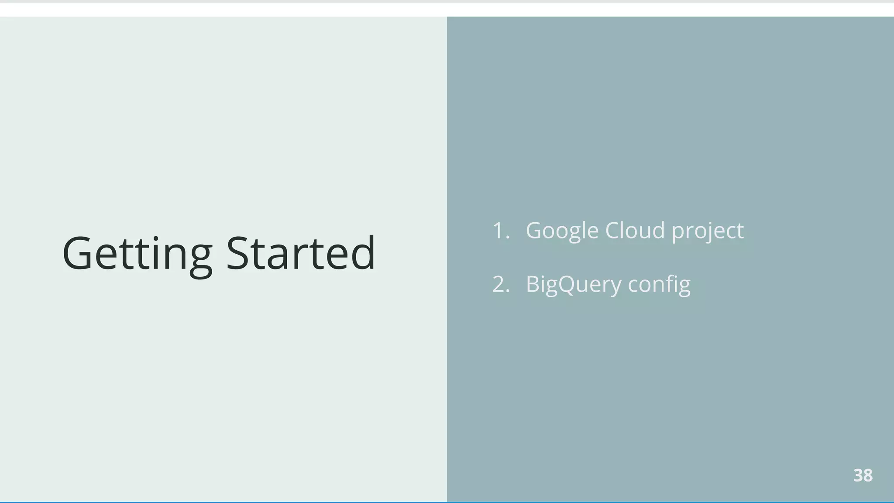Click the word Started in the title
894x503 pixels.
(x=300, y=254)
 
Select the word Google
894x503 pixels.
(x=562, y=231)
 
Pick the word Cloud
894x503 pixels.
(x=635, y=231)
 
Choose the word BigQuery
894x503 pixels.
(x=573, y=284)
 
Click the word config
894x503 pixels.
(x=659, y=284)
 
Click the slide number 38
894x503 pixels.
(x=863, y=475)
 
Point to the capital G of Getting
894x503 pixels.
(x=77, y=254)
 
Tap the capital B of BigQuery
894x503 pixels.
(x=533, y=284)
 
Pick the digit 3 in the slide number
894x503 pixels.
(x=858, y=475)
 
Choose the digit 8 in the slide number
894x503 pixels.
(x=868, y=475)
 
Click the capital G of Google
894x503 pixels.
(x=535, y=231)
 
